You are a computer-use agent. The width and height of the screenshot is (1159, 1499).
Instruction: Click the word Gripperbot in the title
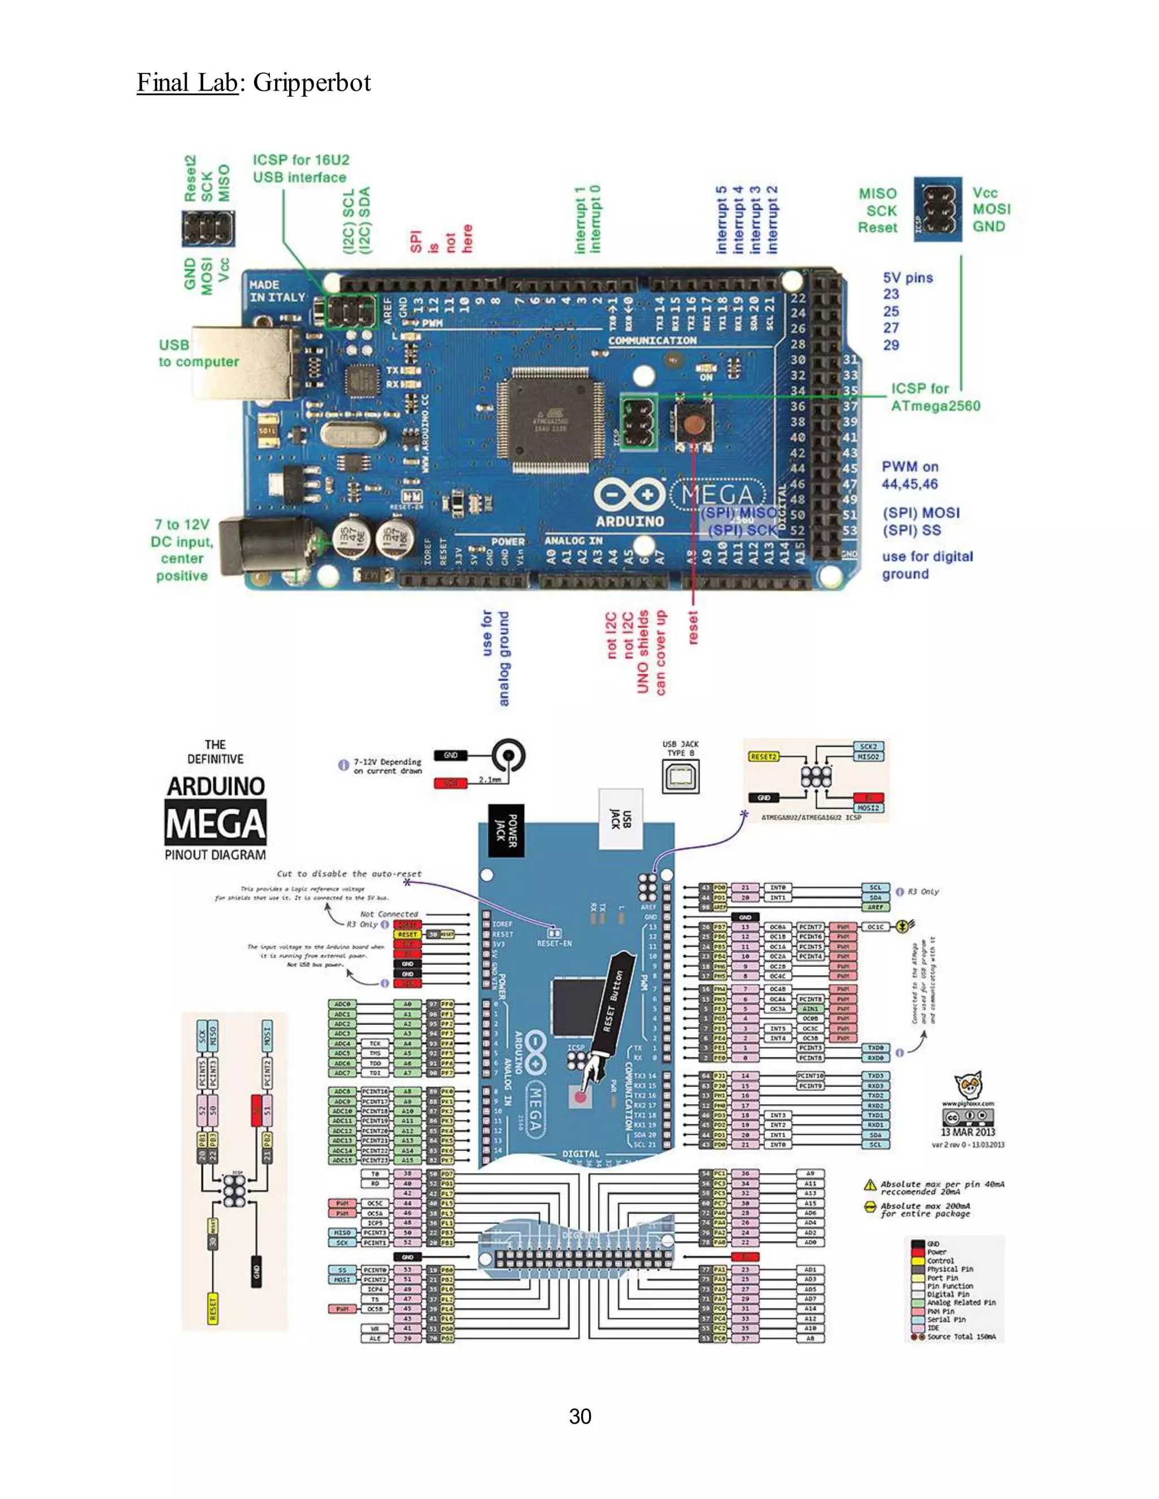[312, 83]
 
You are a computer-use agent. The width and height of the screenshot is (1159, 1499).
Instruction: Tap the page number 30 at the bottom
[579, 1416]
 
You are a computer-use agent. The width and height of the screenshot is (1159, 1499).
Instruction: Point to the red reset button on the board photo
[693, 424]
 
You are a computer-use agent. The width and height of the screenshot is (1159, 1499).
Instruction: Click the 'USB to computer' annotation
[199, 354]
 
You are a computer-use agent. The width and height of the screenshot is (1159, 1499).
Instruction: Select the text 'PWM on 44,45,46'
[910, 475]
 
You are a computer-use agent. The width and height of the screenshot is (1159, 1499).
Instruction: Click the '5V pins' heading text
[908, 278]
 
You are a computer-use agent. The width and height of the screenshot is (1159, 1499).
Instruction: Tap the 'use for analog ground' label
[496, 657]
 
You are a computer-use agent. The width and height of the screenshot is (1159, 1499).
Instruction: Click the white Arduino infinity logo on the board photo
[630, 494]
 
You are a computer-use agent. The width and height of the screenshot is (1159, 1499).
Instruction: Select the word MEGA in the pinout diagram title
[215, 825]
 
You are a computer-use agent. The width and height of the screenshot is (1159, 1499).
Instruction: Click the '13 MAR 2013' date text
[967, 1132]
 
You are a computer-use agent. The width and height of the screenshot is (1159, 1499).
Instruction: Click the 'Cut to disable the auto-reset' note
[349, 874]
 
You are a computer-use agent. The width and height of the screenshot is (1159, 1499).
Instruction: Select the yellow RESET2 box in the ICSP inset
[763, 756]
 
